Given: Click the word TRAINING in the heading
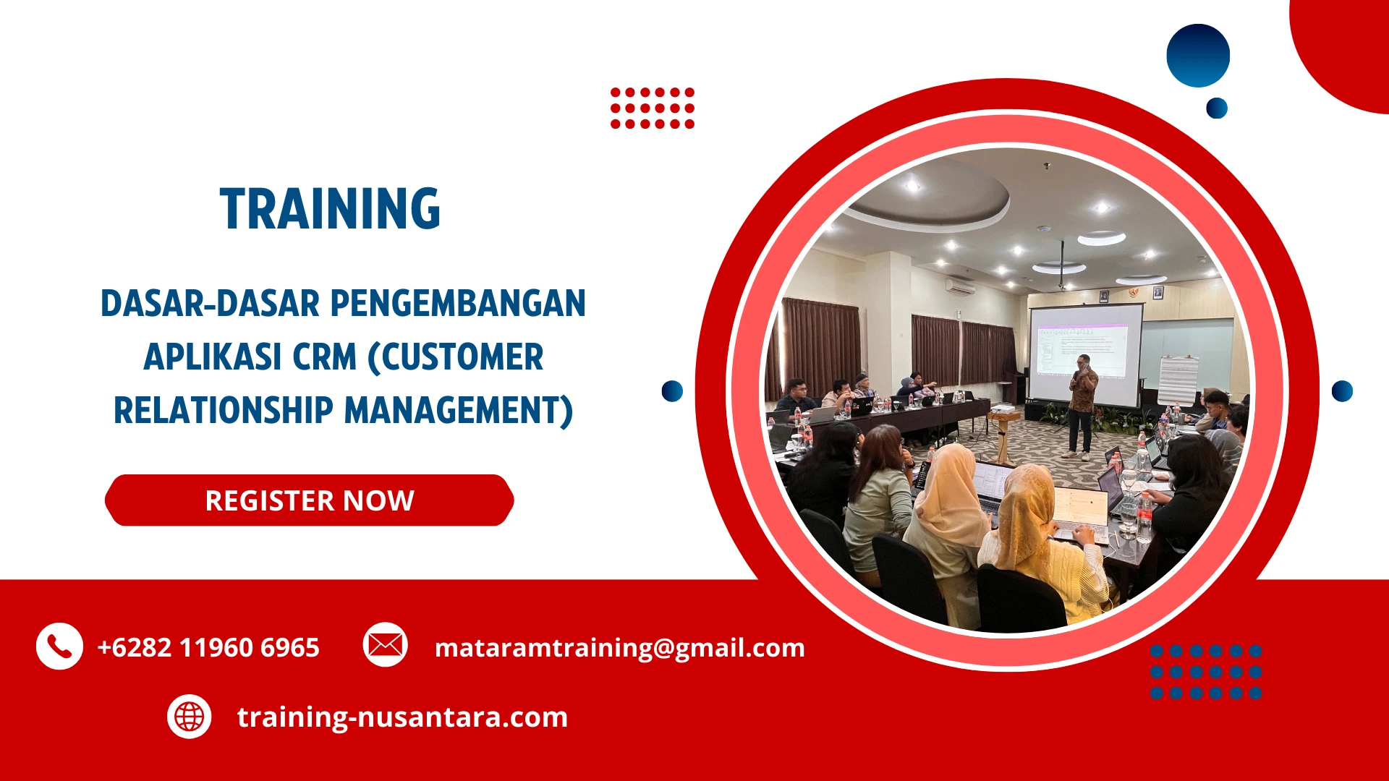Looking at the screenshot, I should pos(330,209).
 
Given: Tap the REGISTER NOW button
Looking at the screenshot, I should pos(310,500).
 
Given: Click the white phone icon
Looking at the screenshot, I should pos(59,646).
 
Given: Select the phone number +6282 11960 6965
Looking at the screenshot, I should pos(208,647).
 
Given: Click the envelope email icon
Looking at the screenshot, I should pos(385,644).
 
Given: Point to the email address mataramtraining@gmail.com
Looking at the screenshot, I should pos(619,647).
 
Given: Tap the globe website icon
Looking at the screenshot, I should pos(190,717).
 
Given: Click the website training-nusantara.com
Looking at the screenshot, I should pos(402,717).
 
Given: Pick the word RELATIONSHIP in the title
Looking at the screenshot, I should pos(224,411).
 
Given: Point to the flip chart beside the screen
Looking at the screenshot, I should pos(1177,380).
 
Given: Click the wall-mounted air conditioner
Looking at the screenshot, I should pos(960,286).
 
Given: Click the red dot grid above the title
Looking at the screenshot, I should pos(652,108).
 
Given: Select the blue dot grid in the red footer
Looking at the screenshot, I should pos(1205,672).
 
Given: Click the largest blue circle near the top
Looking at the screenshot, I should pos(1198,56).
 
